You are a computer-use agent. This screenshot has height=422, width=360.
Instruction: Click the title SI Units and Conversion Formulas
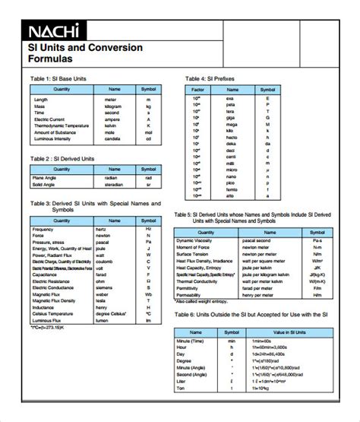click(85, 52)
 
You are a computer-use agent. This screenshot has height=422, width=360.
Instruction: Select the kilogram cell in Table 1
click(114, 106)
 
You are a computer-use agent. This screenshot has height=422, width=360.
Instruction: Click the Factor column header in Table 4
click(196, 89)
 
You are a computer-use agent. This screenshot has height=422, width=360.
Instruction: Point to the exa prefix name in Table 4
click(230, 98)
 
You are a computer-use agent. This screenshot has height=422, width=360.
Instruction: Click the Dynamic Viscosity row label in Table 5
click(199, 241)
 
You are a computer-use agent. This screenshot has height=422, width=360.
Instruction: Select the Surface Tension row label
click(194, 255)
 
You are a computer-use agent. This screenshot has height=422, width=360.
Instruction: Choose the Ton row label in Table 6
click(182, 389)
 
